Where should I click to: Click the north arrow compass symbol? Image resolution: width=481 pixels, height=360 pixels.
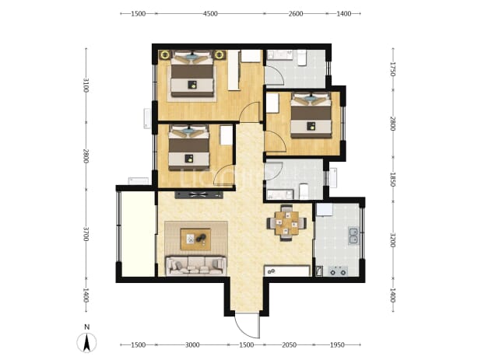coord(87,342)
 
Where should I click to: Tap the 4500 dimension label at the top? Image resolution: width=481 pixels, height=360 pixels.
coord(210,14)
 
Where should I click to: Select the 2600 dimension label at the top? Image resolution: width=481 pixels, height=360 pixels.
coord(296,14)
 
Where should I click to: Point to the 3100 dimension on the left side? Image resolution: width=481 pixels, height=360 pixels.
coord(86,86)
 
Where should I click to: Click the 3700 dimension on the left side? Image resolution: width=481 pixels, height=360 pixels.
coord(86,234)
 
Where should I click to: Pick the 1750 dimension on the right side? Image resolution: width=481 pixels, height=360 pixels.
coord(393,69)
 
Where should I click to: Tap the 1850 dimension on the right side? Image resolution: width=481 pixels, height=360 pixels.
coord(393,179)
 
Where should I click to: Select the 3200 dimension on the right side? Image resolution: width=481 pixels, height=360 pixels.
coord(393,240)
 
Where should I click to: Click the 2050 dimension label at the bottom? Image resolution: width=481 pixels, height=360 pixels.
coord(289,345)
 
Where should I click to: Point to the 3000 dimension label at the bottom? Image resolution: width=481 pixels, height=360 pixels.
coord(192,345)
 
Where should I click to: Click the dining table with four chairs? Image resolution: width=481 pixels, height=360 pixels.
coord(286,222)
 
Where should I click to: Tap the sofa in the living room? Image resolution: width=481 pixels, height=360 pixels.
coord(196,265)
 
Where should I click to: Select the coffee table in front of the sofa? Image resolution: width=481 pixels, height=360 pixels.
coord(195,239)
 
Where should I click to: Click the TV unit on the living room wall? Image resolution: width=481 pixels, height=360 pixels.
coord(198,194)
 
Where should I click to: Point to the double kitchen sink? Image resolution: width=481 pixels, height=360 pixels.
coord(353,236)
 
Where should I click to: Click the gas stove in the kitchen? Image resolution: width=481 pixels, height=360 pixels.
coord(338,271)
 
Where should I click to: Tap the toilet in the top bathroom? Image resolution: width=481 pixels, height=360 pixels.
coord(301,58)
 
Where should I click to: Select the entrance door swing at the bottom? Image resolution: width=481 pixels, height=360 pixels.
coord(248,325)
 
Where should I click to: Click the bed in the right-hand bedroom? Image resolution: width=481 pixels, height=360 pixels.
coord(311,115)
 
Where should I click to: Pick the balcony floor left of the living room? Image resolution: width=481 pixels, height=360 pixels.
coord(138,234)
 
